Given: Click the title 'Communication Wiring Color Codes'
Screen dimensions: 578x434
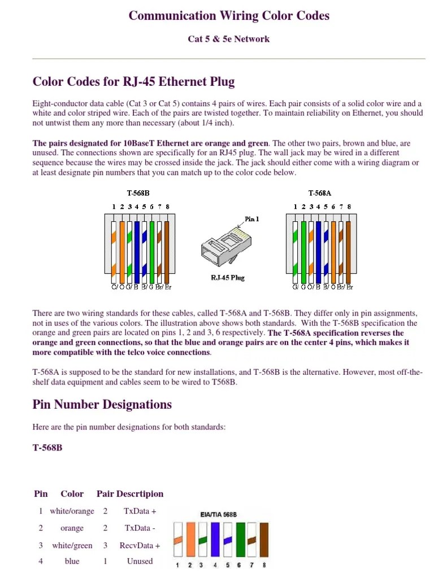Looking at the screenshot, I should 229,16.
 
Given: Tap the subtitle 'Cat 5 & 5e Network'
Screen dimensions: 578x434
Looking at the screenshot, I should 229,39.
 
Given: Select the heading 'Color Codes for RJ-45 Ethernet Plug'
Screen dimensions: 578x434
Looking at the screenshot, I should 133,82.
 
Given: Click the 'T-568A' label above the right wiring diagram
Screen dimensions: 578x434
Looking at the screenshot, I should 319,193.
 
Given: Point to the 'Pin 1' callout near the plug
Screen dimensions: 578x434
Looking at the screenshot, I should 252,219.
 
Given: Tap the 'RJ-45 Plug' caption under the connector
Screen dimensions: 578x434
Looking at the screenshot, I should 227,278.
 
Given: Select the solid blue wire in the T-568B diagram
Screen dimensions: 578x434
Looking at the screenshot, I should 137,251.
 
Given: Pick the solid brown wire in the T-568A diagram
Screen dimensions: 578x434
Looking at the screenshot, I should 348,251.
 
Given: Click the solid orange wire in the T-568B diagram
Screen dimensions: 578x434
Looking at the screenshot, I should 121,251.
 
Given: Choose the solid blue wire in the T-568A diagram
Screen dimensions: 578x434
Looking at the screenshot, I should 318,251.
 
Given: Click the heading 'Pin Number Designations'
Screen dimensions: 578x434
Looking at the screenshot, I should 102,405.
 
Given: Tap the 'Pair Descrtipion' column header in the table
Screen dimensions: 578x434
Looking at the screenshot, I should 130,494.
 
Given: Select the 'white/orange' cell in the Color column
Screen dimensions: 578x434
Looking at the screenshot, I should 72,511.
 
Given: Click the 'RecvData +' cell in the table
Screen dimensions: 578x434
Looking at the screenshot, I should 140,546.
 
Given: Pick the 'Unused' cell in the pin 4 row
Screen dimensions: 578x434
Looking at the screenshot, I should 140,561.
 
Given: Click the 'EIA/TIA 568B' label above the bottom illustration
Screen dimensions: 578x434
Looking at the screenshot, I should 218,515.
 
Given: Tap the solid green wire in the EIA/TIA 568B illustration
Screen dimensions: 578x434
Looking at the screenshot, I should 240,540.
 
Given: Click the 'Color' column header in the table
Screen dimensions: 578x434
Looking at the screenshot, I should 72,494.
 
